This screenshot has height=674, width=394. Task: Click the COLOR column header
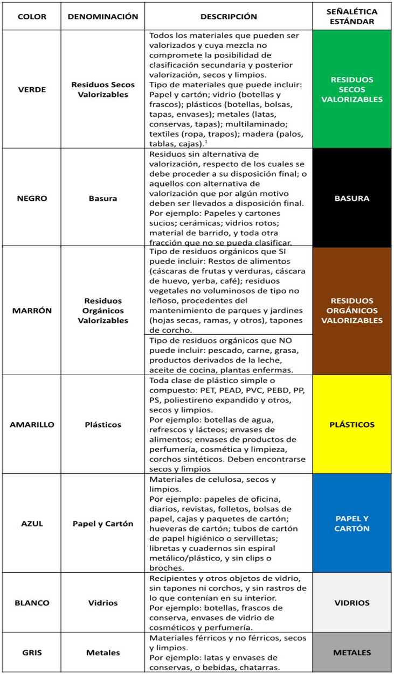pyautogui.click(x=32, y=16)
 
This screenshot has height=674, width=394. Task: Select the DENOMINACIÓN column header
pyautogui.click(x=103, y=16)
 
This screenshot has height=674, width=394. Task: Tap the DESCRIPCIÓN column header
pyautogui.click(x=229, y=16)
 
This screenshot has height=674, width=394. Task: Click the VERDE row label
pyautogui.click(x=32, y=89)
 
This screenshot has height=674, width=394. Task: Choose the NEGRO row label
pyautogui.click(x=32, y=198)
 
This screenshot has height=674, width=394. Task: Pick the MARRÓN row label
pyautogui.click(x=32, y=311)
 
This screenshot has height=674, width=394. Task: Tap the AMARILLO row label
pyautogui.click(x=32, y=424)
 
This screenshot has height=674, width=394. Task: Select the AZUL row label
pyautogui.click(x=32, y=523)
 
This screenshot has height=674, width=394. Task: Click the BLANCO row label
pyautogui.click(x=32, y=603)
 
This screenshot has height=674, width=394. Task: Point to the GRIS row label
pyautogui.click(x=32, y=652)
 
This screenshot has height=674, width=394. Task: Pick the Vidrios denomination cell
pyautogui.click(x=103, y=603)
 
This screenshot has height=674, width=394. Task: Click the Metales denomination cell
pyautogui.click(x=103, y=652)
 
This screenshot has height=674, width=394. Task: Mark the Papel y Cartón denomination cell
pyautogui.click(x=103, y=523)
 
